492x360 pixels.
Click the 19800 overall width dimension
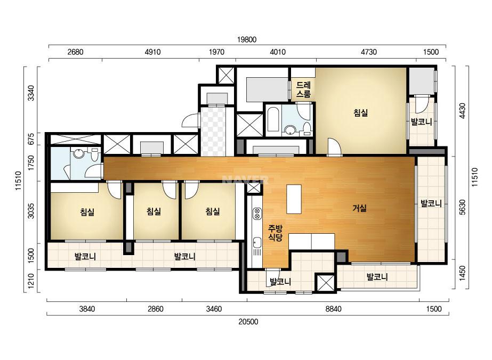[x=247, y=39]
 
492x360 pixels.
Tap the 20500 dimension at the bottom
[x=248, y=322]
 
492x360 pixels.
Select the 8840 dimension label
[x=333, y=309]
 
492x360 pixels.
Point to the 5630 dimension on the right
[x=462, y=207]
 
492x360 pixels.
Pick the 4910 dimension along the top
[x=152, y=52]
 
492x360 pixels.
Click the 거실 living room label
[x=360, y=208]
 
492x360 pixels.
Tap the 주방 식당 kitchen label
[x=275, y=233]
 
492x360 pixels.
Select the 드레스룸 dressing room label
[x=303, y=89]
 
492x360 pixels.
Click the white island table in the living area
[x=294, y=199]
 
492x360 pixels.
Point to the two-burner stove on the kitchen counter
[x=257, y=214]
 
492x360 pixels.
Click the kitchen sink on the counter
[x=257, y=242]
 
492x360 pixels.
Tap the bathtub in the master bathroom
[x=273, y=119]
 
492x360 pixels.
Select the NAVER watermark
[x=245, y=179]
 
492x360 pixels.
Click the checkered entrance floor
[x=213, y=132]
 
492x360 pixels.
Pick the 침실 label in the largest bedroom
[x=361, y=113]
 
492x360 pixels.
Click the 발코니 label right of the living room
[x=431, y=203]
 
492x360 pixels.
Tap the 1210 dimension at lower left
[x=31, y=281]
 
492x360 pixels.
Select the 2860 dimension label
[x=155, y=309]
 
